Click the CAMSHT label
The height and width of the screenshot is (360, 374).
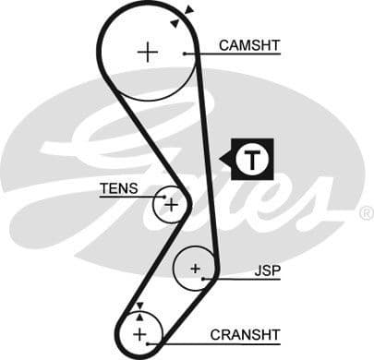[x=248, y=43]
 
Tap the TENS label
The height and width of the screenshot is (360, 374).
[x=118, y=188]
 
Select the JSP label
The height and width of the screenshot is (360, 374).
[x=267, y=271]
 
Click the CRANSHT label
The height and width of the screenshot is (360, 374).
[x=245, y=334]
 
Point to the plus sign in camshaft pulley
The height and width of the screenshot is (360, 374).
[x=147, y=52]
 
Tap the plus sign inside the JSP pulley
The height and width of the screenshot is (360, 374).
[x=195, y=269]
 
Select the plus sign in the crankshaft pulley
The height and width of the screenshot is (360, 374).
[x=139, y=333]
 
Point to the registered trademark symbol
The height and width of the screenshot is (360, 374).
[x=366, y=213]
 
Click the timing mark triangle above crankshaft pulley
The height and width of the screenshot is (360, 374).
[x=139, y=306]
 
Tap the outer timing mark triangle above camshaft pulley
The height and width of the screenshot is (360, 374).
[x=189, y=10]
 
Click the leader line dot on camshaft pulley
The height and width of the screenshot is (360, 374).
[x=187, y=54]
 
